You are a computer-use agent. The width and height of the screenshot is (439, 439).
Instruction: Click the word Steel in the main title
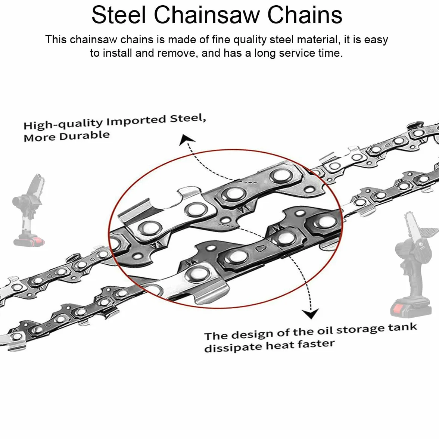119,15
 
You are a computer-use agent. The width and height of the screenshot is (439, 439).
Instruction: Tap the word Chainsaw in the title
207,15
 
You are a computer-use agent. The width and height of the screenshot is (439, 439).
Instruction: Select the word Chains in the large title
305,15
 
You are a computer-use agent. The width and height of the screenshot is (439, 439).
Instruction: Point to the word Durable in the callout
84,136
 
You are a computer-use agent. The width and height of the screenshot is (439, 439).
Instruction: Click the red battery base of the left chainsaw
29,241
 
